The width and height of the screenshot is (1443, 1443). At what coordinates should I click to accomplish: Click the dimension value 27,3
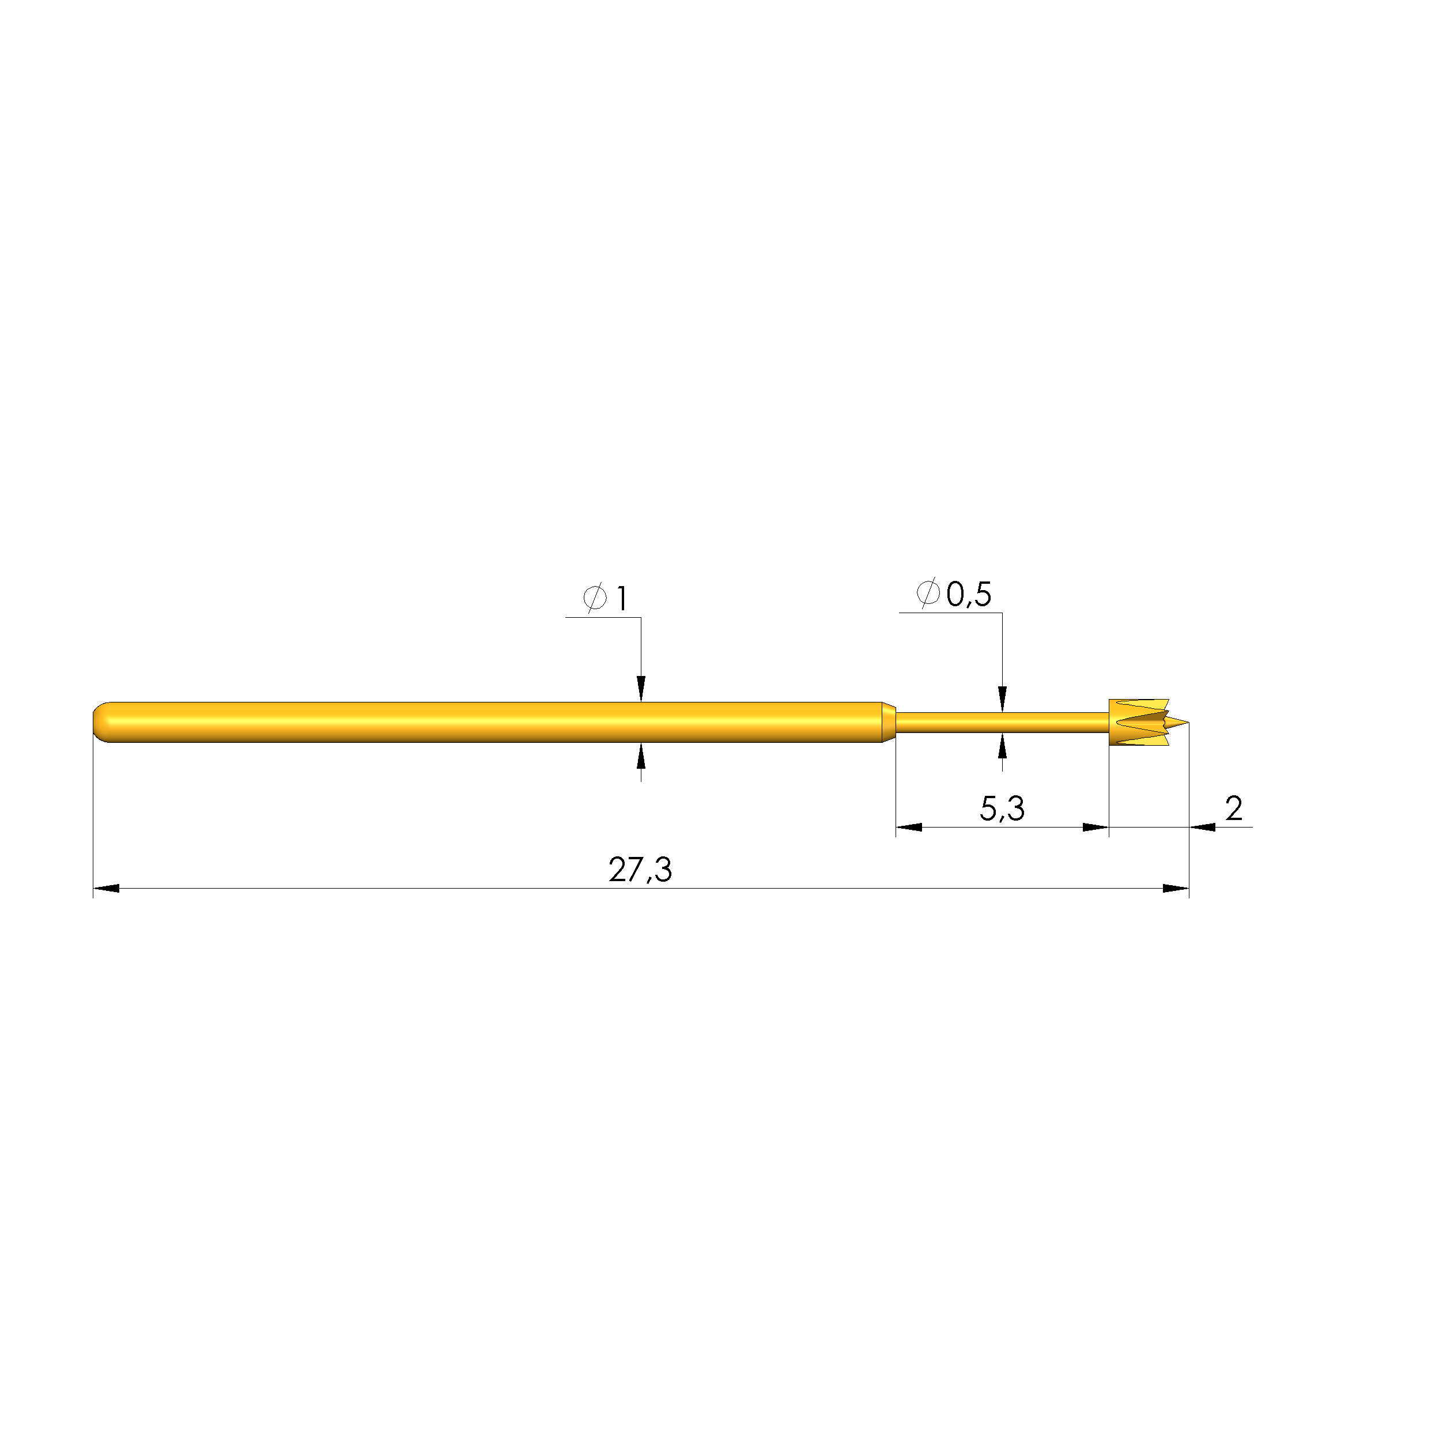pyautogui.click(x=640, y=870)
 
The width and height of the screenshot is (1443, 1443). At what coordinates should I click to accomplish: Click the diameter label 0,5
pyautogui.click(x=969, y=595)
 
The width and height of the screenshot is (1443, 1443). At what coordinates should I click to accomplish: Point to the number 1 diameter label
pyautogui.click(x=621, y=598)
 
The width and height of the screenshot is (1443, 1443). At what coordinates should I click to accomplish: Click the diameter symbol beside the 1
pyautogui.click(x=595, y=598)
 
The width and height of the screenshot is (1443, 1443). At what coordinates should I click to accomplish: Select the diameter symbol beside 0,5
pyautogui.click(x=928, y=593)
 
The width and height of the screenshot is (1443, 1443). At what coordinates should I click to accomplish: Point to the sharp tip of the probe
pyautogui.click(x=1188, y=721)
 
